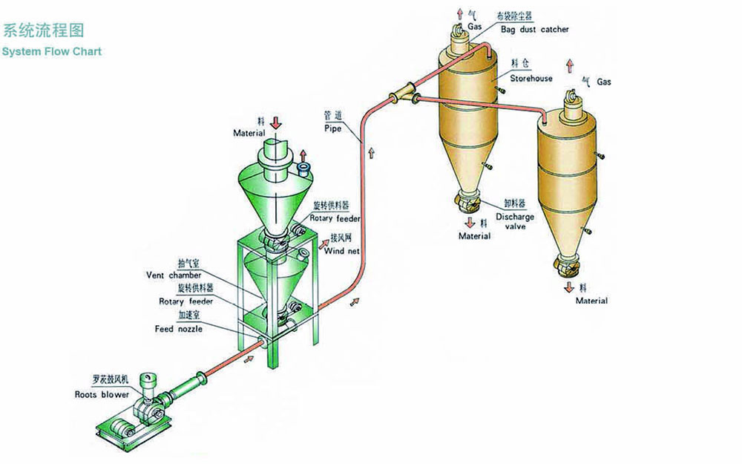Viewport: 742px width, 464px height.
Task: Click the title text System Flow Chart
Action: click(x=51, y=52)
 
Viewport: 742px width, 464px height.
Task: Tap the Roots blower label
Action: click(x=102, y=395)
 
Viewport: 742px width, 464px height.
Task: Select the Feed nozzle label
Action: click(x=178, y=328)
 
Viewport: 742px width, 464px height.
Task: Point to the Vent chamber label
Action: click(x=174, y=275)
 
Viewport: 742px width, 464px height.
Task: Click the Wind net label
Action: click(x=341, y=251)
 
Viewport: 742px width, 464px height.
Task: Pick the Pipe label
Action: click(x=332, y=128)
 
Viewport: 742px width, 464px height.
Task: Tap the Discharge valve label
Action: click(x=514, y=221)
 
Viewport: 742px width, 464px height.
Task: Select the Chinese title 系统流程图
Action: click(x=43, y=30)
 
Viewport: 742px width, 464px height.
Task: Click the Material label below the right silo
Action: click(x=591, y=301)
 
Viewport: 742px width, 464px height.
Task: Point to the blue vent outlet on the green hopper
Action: click(x=303, y=170)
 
